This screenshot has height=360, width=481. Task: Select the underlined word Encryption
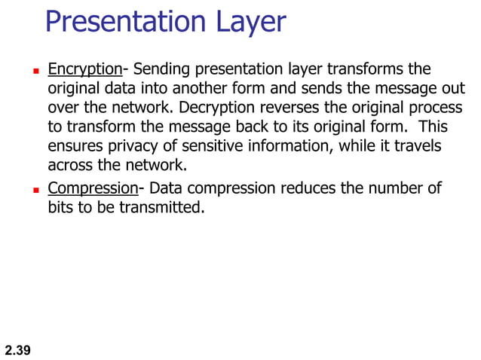pos(84,70)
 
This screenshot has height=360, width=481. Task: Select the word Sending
pos(159,70)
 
